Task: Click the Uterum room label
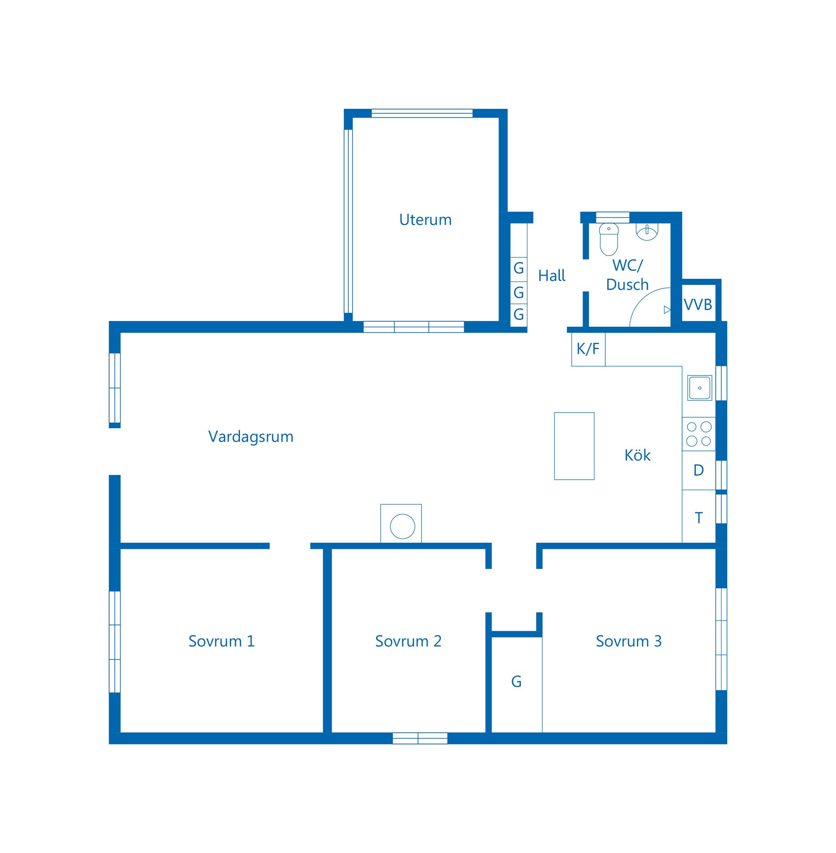click(x=425, y=220)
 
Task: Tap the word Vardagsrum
click(x=251, y=437)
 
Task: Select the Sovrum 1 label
click(x=221, y=641)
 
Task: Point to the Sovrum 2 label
click(x=408, y=641)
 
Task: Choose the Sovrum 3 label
click(x=628, y=641)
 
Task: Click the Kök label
click(x=637, y=455)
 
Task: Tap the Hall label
click(x=552, y=276)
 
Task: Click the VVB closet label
click(x=698, y=305)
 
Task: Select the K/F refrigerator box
click(x=588, y=349)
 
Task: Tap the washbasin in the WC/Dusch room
click(x=647, y=231)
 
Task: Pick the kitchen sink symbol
click(x=699, y=388)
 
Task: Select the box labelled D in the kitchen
click(x=698, y=471)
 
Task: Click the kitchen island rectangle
click(x=574, y=446)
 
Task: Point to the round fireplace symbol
click(x=402, y=526)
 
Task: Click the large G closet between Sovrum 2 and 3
click(x=516, y=682)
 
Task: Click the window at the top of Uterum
click(x=422, y=113)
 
